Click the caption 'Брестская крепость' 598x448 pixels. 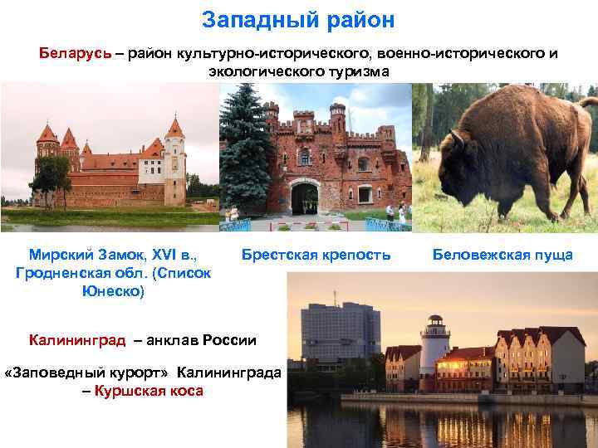click(316, 255)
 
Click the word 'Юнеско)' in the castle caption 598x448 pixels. click(113, 291)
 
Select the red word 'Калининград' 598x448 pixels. click(76, 339)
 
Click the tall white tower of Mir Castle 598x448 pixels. click(174, 162)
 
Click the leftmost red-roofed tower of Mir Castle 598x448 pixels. click(47, 149)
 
